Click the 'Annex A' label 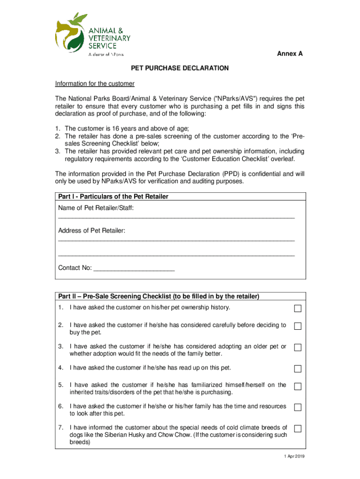tap(290, 54)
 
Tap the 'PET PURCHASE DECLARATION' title tap(180, 68)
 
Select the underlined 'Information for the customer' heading tap(95, 84)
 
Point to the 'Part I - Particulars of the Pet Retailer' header tap(113, 196)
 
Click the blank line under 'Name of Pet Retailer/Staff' tap(176, 218)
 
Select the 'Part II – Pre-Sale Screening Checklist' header tap(158, 297)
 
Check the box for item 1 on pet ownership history tap(298, 309)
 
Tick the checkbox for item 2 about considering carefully tap(298, 326)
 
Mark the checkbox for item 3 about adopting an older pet tap(298, 348)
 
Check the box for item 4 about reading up tap(298, 369)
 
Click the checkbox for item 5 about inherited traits tap(298, 386)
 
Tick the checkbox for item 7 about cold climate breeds tap(298, 429)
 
